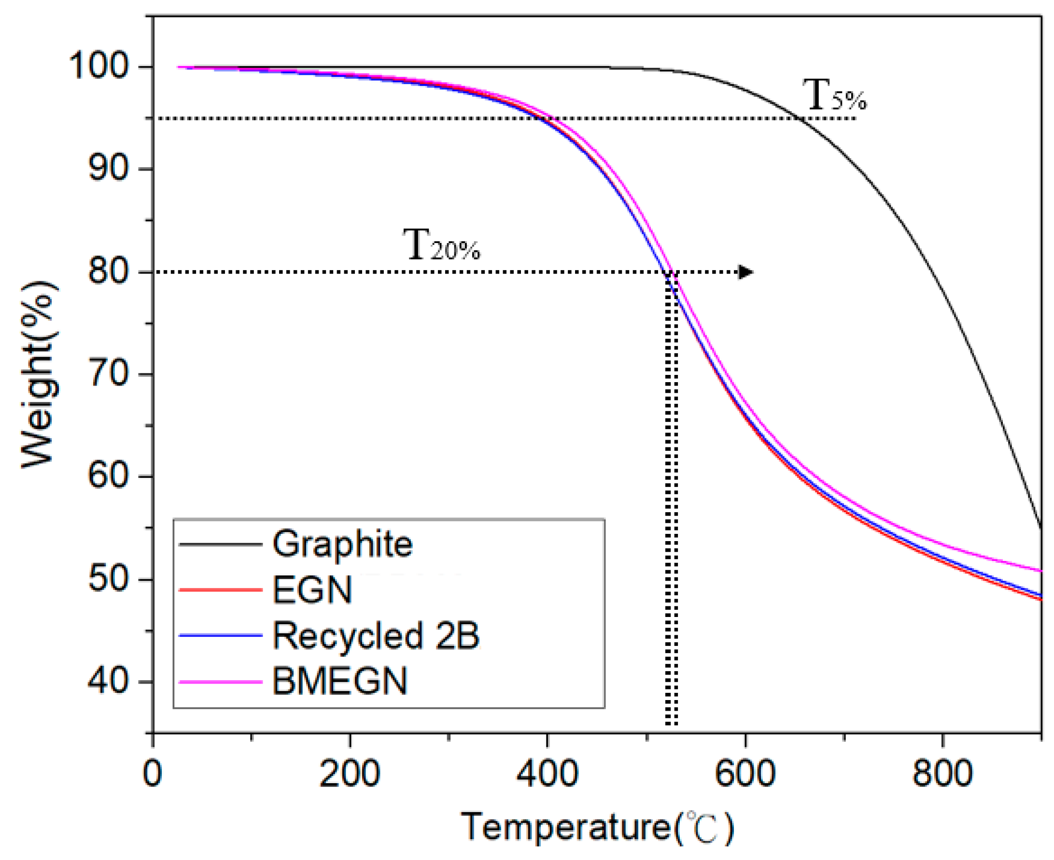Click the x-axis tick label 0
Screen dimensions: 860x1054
[153, 774]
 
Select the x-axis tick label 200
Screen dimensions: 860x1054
[350, 774]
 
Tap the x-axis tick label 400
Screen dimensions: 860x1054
[547, 774]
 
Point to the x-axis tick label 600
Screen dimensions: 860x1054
[745, 774]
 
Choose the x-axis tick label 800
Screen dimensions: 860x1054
[942, 774]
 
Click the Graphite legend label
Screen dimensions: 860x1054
[342, 544]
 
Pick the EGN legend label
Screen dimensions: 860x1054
[312, 589]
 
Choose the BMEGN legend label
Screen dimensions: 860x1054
[339, 682]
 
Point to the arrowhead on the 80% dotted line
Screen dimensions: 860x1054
[745, 272]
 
